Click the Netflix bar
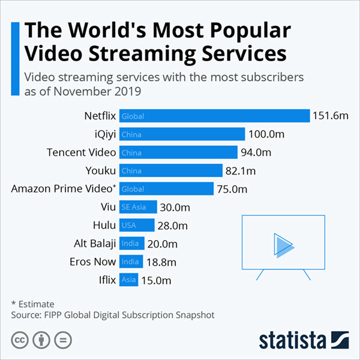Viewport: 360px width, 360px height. click(214, 116)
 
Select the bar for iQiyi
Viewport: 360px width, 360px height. click(182, 134)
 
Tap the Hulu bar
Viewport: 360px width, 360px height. click(137, 226)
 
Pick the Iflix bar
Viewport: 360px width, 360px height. click(129, 280)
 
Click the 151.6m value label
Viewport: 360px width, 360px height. click(330, 116)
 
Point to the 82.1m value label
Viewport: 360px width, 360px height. click(239, 171)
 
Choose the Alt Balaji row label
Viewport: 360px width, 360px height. click(91, 244)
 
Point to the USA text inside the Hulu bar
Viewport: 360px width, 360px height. click(128, 226)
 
